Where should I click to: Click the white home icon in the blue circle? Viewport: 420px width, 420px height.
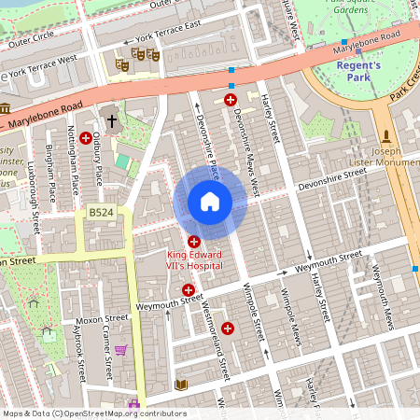(210, 202)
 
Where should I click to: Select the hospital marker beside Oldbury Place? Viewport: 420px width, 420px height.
(85, 137)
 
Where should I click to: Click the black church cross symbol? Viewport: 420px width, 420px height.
(112, 120)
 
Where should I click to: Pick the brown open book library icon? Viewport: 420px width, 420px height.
(181, 385)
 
